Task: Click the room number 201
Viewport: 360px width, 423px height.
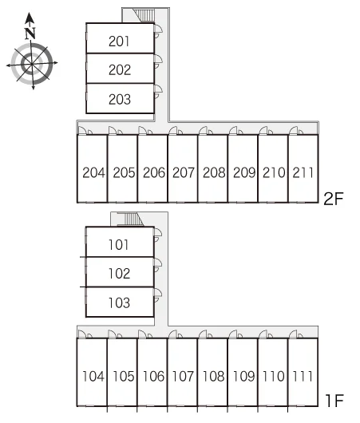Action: point(119,42)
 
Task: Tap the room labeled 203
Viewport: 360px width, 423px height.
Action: point(120,98)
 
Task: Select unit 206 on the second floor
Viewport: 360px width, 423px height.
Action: point(152,168)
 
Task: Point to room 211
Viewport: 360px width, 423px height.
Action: point(303,168)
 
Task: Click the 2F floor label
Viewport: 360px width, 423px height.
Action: point(334,199)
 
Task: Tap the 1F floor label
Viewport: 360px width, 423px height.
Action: point(334,401)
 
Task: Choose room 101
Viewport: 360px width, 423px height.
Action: point(120,242)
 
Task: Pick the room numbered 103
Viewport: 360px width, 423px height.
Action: point(120,302)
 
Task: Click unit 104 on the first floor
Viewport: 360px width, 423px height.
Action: point(92,372)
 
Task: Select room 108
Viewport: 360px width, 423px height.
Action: point(212,372)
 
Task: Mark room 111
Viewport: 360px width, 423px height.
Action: point(303,372)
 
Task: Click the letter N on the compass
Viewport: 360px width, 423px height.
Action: point(30,34)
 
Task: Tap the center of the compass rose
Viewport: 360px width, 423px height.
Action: point(32,64)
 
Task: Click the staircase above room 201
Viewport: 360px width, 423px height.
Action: point(144,15)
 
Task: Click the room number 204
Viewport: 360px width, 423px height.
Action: point(93,172)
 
